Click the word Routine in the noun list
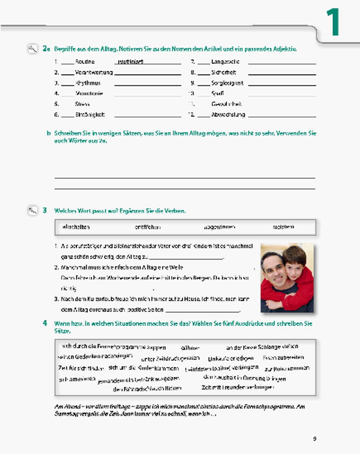click(x=85, y=62)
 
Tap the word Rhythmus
click(x=88, y=83)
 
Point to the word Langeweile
click(x=225, y=62)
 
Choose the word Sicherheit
click(x=224, y=73)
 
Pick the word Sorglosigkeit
click(x=227, y=83)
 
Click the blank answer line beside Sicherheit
click(x=282, y=74)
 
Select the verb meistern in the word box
click(x=283, y=227)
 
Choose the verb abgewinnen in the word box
click(x=219, y=227)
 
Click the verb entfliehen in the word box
click(x=148, y=227)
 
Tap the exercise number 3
click(x=45, y=210)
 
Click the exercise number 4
click(x=45, y=323)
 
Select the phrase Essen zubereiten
click(x=283, y=358)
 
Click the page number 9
click(x=315, y=439)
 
